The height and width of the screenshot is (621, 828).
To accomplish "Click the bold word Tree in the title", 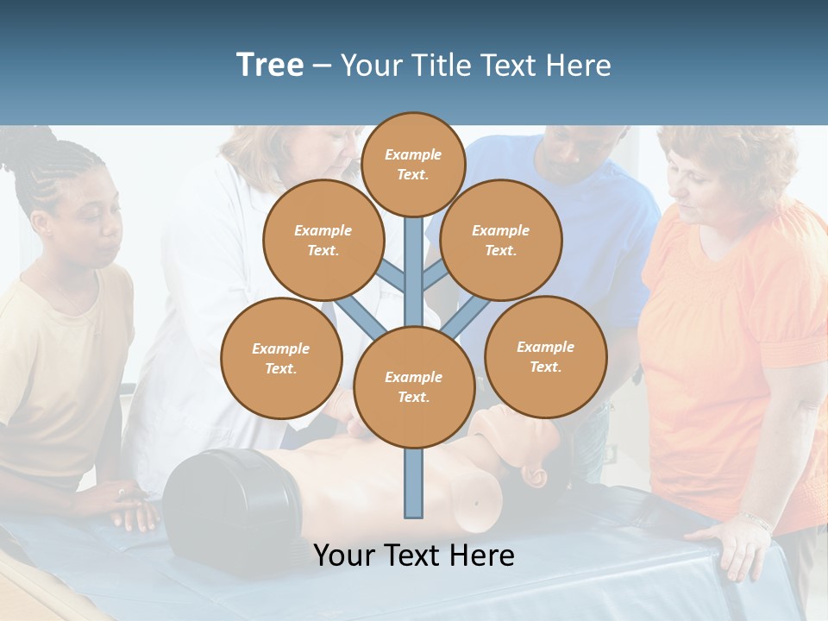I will tap(270, 65).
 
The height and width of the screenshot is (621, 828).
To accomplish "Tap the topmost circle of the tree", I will tap(413, 164).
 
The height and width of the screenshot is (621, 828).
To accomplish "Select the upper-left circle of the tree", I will tap(323, 240).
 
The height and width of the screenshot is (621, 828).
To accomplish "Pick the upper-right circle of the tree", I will tap(500, 240).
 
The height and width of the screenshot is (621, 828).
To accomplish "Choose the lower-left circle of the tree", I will tap(281, 358).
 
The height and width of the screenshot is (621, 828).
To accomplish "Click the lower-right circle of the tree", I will tap(545, 356).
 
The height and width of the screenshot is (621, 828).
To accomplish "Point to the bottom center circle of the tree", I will tap(414, 386).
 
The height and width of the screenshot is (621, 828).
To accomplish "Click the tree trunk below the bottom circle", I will tap(414, 483).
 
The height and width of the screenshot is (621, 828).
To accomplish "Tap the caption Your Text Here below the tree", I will tap(414, 555).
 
